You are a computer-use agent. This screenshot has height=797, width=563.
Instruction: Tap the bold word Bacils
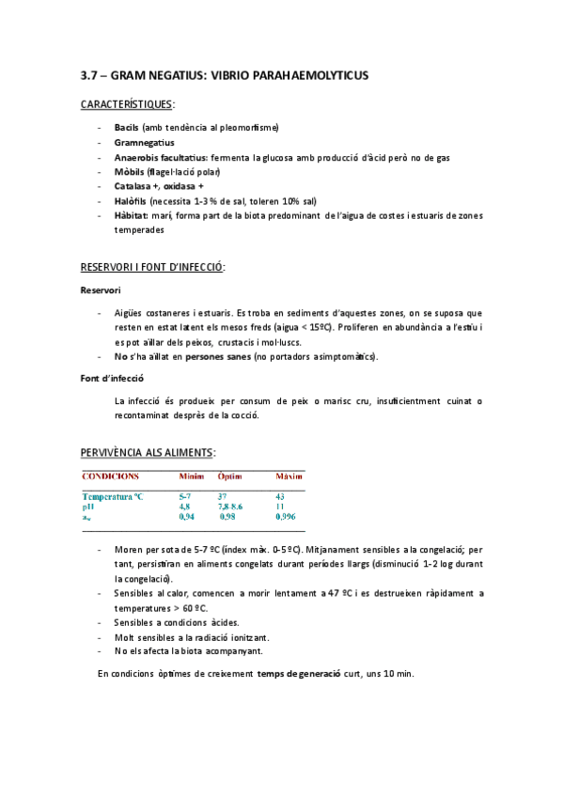(x=126, y=127)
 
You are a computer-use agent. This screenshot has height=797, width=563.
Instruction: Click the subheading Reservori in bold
(x=100, y=290)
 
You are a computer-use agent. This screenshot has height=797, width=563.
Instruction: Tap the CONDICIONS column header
(x=110, y=477)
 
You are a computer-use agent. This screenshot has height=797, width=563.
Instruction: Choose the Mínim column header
(x=191, y=477)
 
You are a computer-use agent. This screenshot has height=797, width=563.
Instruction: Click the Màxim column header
(x=289, y=477)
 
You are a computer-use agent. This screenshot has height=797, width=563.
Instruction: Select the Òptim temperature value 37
(x=223, y=496)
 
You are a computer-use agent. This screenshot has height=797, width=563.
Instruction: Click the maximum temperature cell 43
(x=280, y=496)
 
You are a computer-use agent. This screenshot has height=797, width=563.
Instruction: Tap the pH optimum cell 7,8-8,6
(x=230, y=507)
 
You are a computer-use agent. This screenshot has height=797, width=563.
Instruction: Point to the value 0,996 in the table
(x=287, y=517)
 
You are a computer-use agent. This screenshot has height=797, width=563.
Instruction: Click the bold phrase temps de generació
(x=298, y=674)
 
